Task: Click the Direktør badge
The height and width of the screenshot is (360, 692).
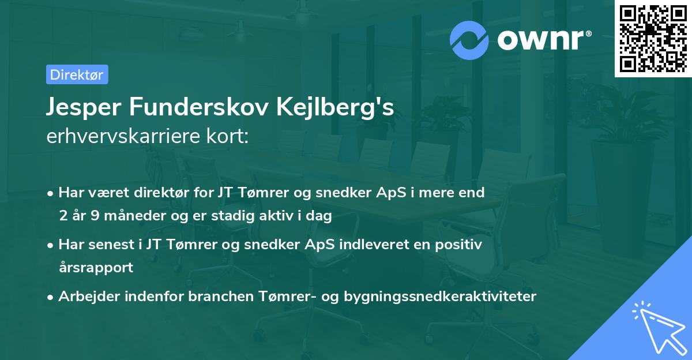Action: tap(77, 74)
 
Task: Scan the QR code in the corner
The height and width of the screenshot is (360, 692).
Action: tap(653, 38)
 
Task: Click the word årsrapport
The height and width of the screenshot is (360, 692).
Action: tap(96, 267)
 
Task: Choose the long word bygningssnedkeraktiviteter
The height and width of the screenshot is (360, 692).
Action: tap(440, 297)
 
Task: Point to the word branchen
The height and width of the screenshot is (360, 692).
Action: tap(210, 297)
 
